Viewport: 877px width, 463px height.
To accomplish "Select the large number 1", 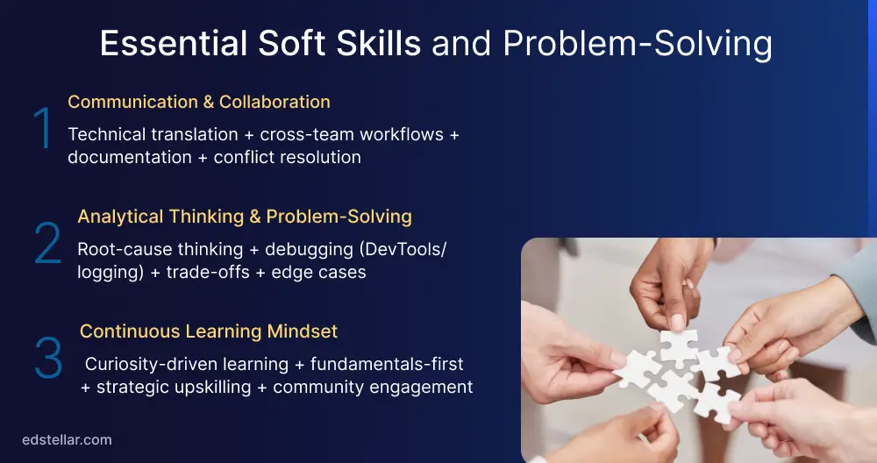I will click(x=43, y=129).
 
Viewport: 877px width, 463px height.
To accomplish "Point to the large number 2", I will click(x=47, y=245).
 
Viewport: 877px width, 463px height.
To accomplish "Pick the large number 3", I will click(x=47, y=359).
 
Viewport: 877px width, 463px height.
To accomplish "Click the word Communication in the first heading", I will click(x=132, y=102).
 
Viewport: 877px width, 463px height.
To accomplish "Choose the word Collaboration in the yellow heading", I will click(x=275, y=102).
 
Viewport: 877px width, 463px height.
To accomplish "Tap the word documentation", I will click(x=129, y=158).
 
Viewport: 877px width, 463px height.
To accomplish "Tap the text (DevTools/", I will click(x=403, y=249).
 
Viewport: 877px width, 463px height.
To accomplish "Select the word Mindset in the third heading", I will click(x=303, y=331).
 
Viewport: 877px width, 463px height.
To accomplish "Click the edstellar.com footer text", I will click(x=67, y=440).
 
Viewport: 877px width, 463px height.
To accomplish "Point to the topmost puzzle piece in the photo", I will click(x=678, y=344).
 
